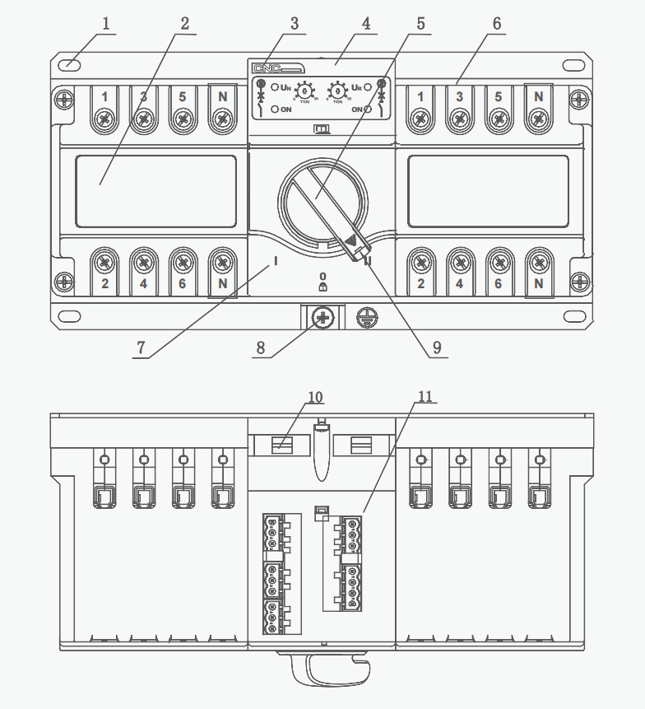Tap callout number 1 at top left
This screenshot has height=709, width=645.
pyautogui.click(x=105, y=22)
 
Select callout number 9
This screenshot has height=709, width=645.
pyautogui.click(x=437, y=348)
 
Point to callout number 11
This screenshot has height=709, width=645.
pyautogui.click(x=425, y=396)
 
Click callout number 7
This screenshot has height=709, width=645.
pyautogui.click(x=141, y=348)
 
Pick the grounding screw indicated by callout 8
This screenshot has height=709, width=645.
pyautogui.click(x=322, y=317)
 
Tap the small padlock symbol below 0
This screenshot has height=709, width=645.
pyautogui.click(x=322, y=287)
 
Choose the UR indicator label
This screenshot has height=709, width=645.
pyautogui.click(x=357, y=86)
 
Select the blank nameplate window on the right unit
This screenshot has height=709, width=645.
pyautogui.click(x=488, y=191)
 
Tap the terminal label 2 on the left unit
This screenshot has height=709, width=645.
pyautogui.click(x=104, y=284)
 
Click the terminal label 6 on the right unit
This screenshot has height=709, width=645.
pyautogui.click(x=498, y=284)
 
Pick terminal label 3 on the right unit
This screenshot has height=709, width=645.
pyautogui.click(x=459, y=97)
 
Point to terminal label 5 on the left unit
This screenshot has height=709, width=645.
pyautogui.click(x=183, y=97)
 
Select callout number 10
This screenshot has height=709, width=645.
pyautogui.click(x=316, y=396)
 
